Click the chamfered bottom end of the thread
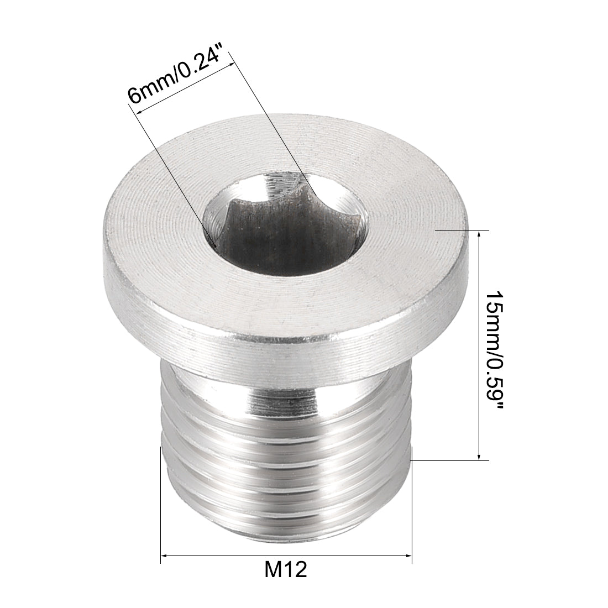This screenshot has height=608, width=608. (287, 522)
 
